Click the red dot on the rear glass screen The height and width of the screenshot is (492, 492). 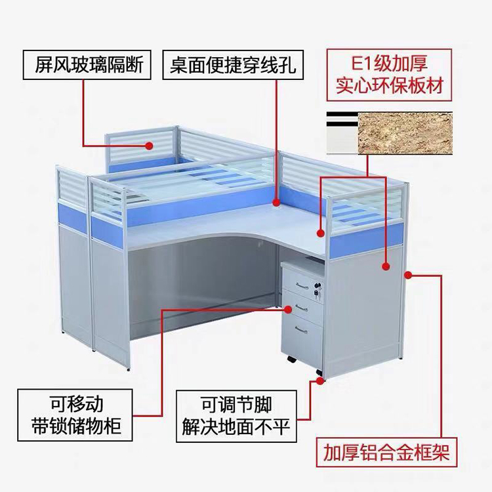tap(150, 146)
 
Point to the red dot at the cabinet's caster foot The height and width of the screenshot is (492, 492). tap(319, 379)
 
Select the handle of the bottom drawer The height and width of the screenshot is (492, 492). tap(302, 327)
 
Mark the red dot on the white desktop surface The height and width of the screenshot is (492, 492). tap(321, 232)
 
